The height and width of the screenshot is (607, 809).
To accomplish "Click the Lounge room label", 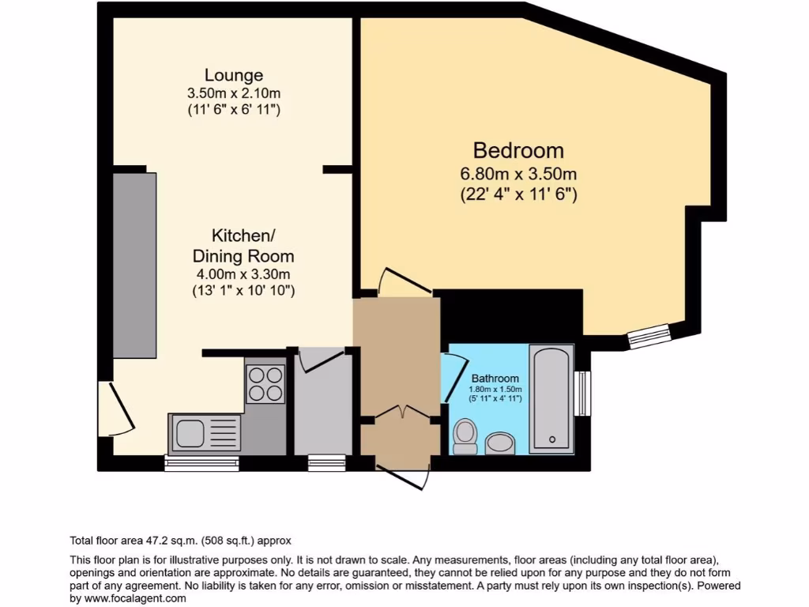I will point(233,76).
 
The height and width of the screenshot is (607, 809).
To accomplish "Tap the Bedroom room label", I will point(518,150).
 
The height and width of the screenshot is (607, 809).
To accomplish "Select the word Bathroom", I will point(495,379).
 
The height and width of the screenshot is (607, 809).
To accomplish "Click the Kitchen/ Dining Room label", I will point(243,246).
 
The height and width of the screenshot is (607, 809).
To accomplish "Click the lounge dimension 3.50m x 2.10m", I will point(233,93).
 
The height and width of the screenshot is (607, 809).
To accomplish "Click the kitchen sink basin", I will point(189,434).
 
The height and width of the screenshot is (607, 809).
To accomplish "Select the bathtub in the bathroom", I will point(551,398).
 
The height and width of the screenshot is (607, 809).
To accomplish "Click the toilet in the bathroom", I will point(465,436).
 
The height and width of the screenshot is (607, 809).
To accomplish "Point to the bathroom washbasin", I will point(499,444).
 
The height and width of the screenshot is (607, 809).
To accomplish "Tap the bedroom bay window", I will point(649,337).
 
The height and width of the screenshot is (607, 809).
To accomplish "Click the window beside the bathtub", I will point(583,393).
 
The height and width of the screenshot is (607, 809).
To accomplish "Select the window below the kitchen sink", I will point(201,463).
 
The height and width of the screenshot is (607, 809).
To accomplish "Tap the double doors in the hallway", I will point(400,414).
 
